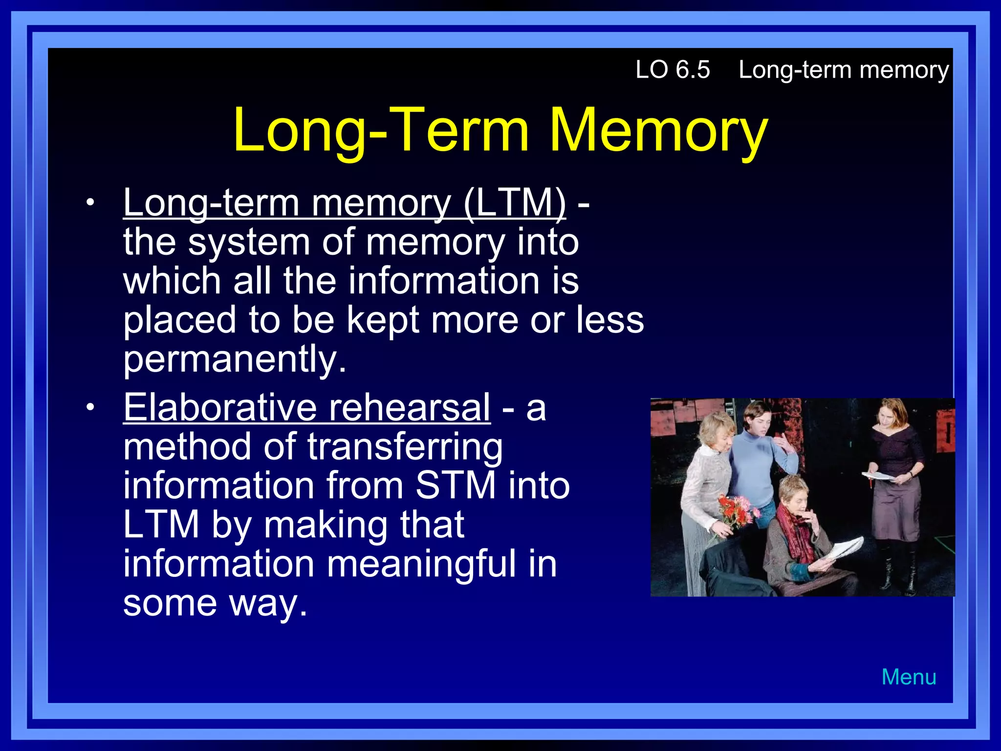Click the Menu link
click(909, 677)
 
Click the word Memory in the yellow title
click(658, 131)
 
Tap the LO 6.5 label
click(673, 69)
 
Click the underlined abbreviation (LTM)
click(515, 202)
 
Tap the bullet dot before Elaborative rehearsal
click(89, 407)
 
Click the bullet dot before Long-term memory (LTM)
click(89, 202)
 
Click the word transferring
click(405, 447)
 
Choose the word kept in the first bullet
click(383, 320)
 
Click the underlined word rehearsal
click(409, 407)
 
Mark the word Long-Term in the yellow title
click(381, 131)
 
